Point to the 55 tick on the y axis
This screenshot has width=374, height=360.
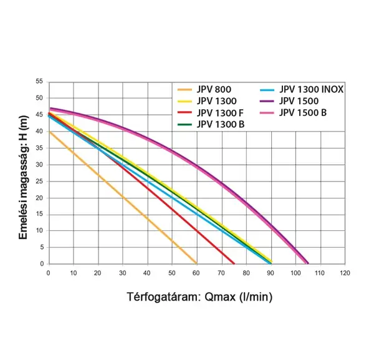point(39,82)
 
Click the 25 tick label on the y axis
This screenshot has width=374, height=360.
point(39,181)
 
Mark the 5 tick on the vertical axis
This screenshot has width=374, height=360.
point(41,247)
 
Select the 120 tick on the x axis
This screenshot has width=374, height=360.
point(345,273)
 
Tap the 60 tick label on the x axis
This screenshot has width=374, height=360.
point(197,273)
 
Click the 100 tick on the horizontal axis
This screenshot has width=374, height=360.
point(295,273)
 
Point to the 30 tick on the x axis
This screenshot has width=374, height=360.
point(123,273)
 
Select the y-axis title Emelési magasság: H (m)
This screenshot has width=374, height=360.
point(24,173)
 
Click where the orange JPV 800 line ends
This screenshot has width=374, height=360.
point(196,263)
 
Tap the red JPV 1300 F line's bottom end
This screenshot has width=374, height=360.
point(233,263)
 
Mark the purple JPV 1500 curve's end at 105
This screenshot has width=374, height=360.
point(307,263)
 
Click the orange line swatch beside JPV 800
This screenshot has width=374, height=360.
point(185,89)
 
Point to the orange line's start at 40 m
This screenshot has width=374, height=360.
point(49,131)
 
